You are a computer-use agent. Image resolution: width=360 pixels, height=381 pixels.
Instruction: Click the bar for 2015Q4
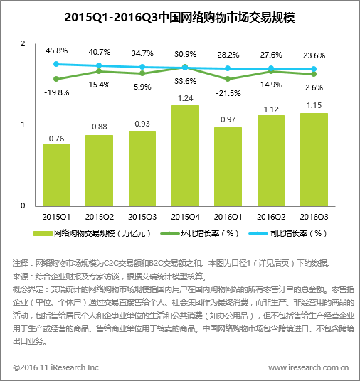tap(185, 156)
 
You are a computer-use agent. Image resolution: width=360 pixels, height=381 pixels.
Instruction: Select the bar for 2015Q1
tap(56, 175)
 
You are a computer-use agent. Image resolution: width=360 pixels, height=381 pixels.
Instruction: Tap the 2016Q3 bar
tap(314, 160)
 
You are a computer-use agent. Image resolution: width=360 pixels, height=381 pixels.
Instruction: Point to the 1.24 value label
tap(186, 98)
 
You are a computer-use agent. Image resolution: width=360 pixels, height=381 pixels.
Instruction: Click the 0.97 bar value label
tap(228, 119)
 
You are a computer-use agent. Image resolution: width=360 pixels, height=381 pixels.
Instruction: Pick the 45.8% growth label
tap(56, 50)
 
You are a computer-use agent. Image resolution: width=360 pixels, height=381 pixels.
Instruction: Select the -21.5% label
tap(228, 93)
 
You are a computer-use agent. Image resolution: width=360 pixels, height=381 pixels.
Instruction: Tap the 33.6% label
tap(186, 81)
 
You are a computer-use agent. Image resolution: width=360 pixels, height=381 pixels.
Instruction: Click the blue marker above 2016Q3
tap(314, 69)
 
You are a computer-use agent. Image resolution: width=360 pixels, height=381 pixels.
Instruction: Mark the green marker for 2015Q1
tap(56, 79)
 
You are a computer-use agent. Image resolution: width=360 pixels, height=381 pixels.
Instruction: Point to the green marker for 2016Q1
tap(228, 79)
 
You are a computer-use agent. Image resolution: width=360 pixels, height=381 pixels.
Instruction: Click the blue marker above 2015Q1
tap(56, 64)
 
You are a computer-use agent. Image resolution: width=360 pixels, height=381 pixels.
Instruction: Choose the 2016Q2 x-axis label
tap(271, 217)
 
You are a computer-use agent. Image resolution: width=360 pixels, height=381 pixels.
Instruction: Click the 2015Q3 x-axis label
tap(142, 217)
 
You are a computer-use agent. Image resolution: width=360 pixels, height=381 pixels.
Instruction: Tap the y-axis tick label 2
tap(23, 44)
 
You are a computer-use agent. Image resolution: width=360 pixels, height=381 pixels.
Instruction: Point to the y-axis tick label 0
tap(23, 205)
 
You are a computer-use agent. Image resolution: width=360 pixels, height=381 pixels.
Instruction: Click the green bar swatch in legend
tap(43, 234)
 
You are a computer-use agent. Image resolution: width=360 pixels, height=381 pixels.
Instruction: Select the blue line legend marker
tap(258, 234)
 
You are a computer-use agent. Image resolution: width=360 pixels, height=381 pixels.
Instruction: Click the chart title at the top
tap(180, 17)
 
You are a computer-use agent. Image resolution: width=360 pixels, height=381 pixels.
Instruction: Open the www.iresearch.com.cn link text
tap(309, 367)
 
